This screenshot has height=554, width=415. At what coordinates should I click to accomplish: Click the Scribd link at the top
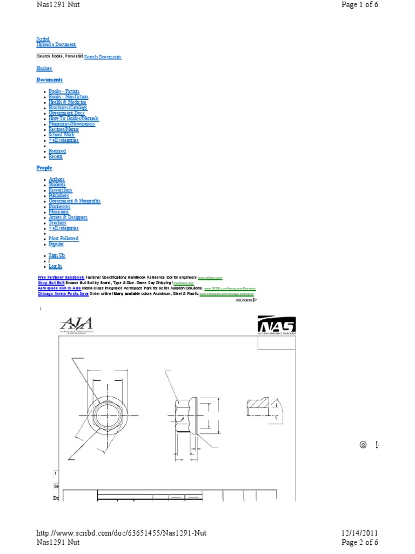(43, 39)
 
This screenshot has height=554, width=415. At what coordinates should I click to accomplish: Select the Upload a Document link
(56, 45)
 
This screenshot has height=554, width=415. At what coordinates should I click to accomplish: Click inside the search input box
(59, 56)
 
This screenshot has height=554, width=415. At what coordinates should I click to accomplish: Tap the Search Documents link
(103, 57)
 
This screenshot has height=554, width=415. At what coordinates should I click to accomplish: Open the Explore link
(44, 68)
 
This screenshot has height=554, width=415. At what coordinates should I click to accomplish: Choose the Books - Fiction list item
(64, 91)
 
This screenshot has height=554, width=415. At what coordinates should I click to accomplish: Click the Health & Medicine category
(68, 102)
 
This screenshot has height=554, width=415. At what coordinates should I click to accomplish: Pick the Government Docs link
(66, 113)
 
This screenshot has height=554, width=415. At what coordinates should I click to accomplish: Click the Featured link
(57, 151)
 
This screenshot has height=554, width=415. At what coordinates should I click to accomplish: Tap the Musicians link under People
(59, 212)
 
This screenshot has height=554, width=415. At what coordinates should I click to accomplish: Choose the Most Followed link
(64, 239)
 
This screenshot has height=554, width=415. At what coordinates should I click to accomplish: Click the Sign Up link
(57, 255)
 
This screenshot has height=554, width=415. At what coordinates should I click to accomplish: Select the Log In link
(55, 266)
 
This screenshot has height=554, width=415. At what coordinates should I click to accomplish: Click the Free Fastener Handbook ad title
(61, 277)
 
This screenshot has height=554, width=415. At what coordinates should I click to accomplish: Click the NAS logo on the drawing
(276, 326)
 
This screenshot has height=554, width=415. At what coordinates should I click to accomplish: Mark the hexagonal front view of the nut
(108, 415)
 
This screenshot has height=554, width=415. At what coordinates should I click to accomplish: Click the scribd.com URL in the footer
(122, 533)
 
